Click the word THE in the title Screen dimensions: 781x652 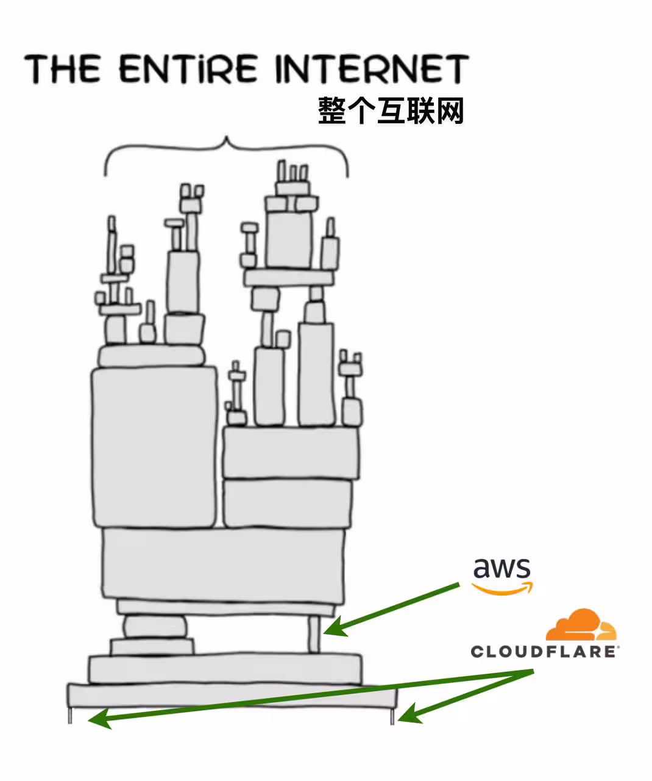click(63, 68)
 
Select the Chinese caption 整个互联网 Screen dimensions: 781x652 click(391, 112)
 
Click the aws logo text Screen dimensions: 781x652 click(501, 568)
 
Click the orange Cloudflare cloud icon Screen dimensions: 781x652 click(580, 625)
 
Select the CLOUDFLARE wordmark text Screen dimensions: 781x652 click(543, 652)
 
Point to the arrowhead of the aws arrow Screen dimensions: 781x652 click(334, 629)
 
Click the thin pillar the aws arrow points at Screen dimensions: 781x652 click(314, 635)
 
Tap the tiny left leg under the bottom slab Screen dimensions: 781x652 click(70, 715)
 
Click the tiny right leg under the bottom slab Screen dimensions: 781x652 click(393, 715)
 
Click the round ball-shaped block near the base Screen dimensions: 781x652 click(155, 627)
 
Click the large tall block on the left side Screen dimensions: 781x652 click(154, 447)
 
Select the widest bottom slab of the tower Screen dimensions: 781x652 click(232, 695)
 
